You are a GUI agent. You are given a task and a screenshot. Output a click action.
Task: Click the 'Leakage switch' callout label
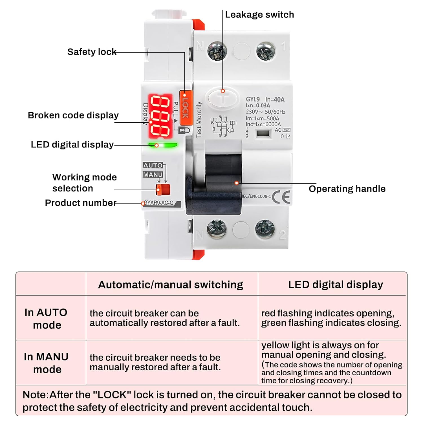click(259, 15)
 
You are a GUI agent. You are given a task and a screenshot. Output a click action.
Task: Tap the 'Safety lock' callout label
click(92, 52)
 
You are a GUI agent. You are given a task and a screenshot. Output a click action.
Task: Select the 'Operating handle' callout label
click(347, 189)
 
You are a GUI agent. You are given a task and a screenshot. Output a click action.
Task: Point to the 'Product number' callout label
click(80, 203)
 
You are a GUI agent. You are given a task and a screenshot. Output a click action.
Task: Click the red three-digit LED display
click(160, 116)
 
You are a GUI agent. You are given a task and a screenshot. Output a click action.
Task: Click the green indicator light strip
click(163, 145)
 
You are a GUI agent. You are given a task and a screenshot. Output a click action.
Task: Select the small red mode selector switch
click(163, 190)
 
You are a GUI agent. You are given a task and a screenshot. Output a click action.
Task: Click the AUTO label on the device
click(153, 166)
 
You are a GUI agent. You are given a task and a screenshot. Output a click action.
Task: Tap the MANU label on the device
click(153, 175)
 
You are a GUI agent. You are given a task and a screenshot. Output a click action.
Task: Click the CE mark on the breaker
click(281, 197)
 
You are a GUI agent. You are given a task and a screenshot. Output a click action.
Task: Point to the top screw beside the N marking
click(217, 51)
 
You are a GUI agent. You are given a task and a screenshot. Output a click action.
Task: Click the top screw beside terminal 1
click(265, 51)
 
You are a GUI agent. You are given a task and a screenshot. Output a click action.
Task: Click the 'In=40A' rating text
click(275, 99)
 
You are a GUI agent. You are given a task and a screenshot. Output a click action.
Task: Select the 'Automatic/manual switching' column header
click(170, 285)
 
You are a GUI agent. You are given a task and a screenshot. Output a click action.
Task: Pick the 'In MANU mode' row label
click(46, 363)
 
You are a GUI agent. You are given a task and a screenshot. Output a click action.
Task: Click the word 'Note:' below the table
click(36, 395)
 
